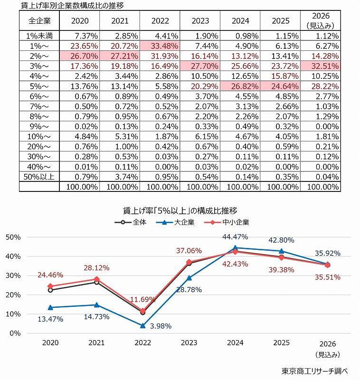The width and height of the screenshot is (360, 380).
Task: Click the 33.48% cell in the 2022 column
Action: coord(160,46)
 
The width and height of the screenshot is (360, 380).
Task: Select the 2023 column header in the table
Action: coord(200,21)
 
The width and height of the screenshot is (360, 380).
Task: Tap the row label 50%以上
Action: coord(39,175)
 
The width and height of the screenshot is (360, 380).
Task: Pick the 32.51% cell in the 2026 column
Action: coord(321,66)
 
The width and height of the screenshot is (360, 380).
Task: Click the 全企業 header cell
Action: coord(39,21)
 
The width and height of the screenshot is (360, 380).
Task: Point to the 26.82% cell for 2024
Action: coord(240,87)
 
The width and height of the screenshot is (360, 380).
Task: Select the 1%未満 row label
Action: coord(39,36)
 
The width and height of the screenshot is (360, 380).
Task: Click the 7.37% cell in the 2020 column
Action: coord(79,36)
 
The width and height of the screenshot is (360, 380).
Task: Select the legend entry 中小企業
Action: coord(232,222)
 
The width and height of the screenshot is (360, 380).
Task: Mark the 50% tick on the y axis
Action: coord(13,237)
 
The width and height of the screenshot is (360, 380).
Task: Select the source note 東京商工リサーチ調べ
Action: coord(314,370)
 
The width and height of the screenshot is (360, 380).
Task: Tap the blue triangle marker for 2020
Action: coord(50,307)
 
